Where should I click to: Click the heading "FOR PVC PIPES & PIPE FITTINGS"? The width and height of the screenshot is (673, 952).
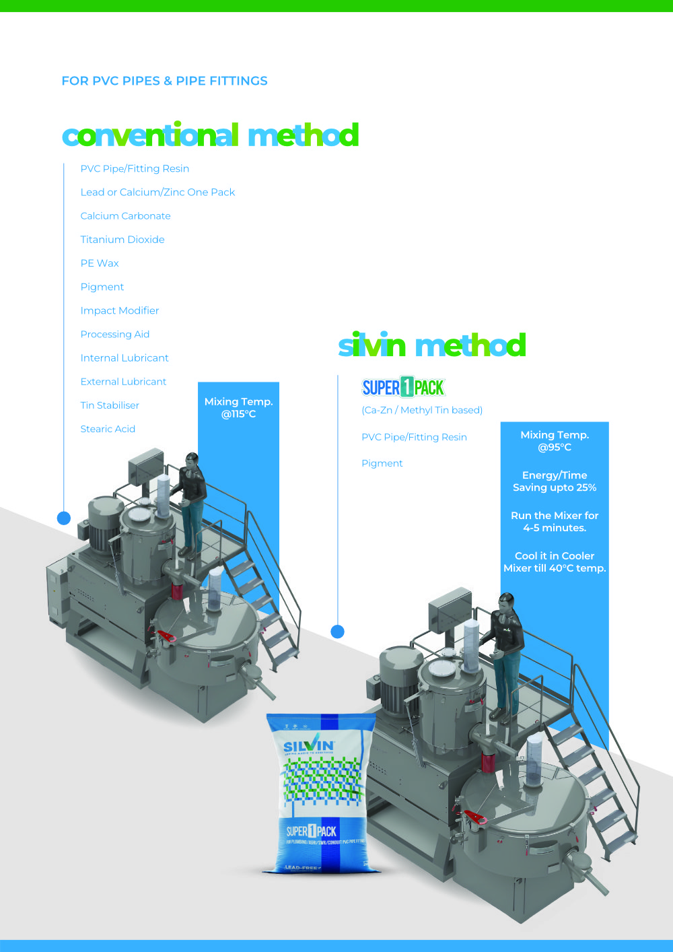click(164, 81)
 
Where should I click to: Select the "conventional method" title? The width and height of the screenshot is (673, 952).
click(210, 135)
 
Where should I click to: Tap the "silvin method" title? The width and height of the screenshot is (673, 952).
click(431, 345)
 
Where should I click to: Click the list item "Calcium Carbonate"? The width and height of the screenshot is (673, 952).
click(125, 216)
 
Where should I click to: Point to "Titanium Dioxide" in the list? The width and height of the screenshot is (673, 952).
click(122, 240)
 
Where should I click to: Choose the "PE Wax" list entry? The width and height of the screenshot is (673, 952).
click(100, 263)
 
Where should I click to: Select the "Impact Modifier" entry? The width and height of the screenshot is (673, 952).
click(120, 310)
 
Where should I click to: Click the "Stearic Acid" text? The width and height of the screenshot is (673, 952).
click(108, 429)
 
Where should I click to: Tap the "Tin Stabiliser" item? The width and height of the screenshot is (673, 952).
click(110, 405)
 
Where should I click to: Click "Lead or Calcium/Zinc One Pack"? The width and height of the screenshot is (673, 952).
click(157, 193)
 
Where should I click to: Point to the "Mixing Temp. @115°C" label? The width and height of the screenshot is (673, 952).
click(238, 407)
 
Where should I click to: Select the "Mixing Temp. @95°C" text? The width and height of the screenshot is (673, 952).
click(555, 441)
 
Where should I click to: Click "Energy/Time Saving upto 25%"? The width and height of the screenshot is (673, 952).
click(555, 481)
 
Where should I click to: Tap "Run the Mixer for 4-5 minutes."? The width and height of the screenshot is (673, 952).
click(555, 522)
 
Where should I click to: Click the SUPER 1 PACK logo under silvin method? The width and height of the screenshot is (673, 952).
click(403, 387)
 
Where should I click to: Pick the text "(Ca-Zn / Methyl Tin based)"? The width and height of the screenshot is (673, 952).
click(422, 410)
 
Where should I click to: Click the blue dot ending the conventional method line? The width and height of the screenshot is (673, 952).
click(64, 518)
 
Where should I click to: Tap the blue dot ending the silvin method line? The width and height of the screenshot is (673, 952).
click(338, 632)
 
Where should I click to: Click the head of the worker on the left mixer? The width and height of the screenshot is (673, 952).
click(192, 461)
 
